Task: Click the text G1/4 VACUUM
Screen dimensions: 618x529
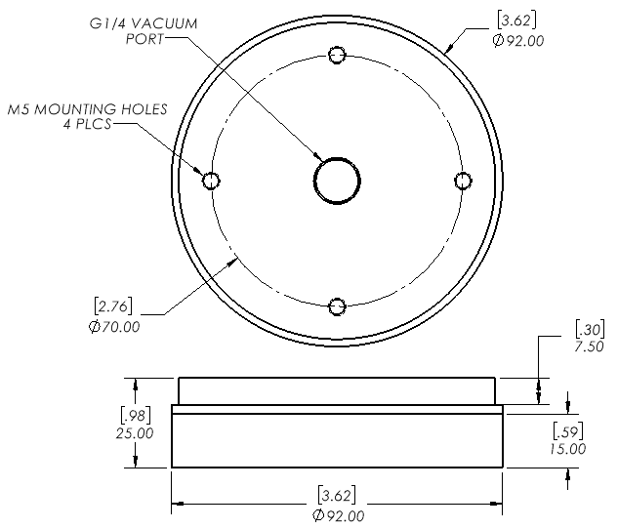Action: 144,23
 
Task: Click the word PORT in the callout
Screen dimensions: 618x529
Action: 144,39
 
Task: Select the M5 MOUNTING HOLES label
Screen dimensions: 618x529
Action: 88,109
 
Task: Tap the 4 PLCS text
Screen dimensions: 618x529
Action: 88,124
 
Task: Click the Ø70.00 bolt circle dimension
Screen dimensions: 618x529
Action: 114,327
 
